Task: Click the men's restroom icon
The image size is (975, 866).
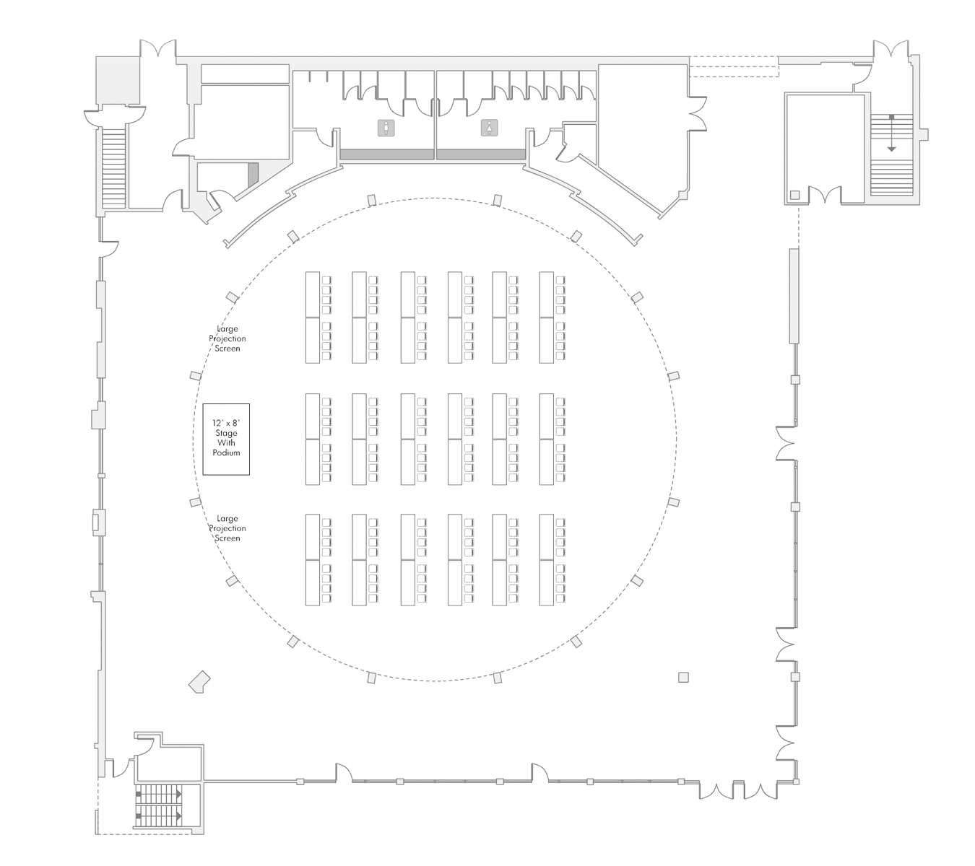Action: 387,128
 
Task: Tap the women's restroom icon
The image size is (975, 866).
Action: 490,128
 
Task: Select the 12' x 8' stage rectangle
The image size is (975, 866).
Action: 226,439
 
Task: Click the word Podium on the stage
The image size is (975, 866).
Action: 226,452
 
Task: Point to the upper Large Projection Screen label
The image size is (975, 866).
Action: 227,338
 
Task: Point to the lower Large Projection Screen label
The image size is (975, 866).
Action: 227,528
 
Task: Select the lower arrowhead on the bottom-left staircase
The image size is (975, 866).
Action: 177,816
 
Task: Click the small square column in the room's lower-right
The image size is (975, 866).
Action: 683,677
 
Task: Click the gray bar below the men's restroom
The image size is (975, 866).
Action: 386,154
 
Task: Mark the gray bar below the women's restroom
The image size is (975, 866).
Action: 480,154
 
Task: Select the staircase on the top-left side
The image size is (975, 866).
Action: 114,166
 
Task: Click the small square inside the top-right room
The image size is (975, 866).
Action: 795,195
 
